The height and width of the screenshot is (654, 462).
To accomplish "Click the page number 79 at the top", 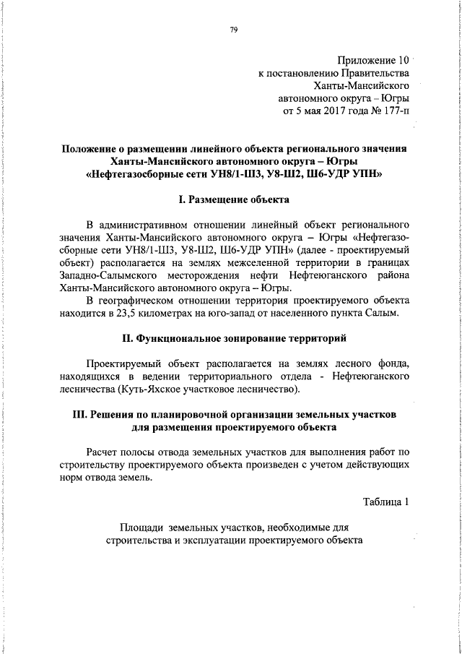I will point(234,30).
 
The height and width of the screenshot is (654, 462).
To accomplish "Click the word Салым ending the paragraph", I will point(392,313).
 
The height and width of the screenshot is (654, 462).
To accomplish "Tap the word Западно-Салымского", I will point(104,275).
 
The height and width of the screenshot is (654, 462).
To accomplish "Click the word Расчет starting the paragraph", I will point(104,452).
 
